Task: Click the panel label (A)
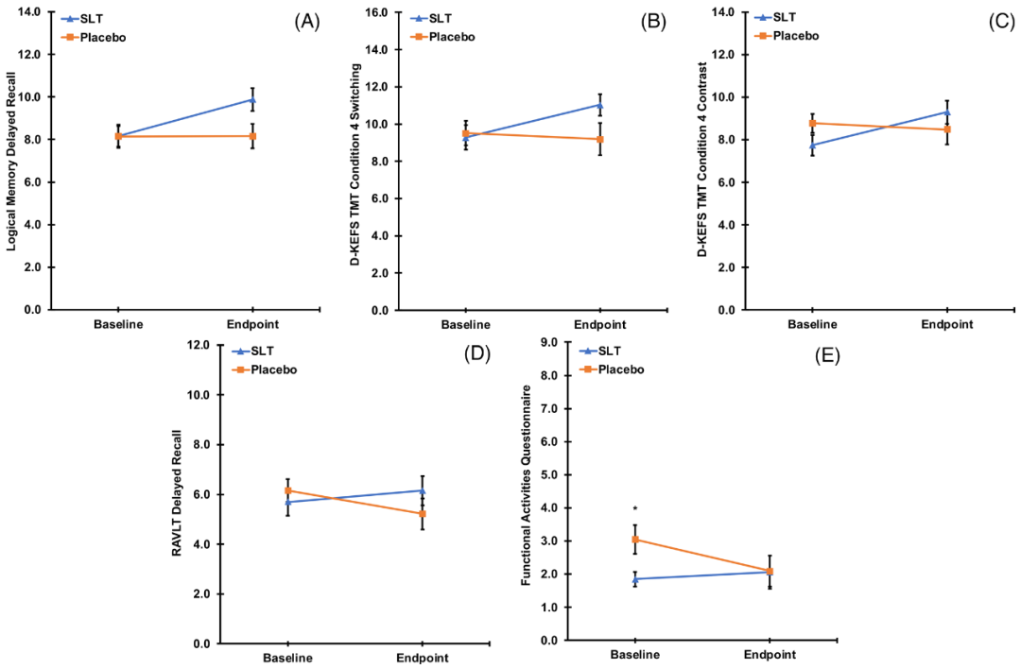pyautogui.click(x=306, y=22)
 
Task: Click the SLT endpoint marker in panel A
pyautogui.click(x=252, y=99)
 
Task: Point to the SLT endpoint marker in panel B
pyautogui.click(x=599, y=104)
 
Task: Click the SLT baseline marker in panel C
pyautogui.click(x=812, y=145)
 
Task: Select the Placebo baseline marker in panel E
pyautogui.click(x=635, y=540)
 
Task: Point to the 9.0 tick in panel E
pyautogui.click(x=546, y=342)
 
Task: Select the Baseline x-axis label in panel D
pyautogui.click(x=287, y=658)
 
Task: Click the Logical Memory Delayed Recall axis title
pyautogui.click(x=12, y=162)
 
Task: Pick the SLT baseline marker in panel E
pyautogui.click(x=635, y=579)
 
